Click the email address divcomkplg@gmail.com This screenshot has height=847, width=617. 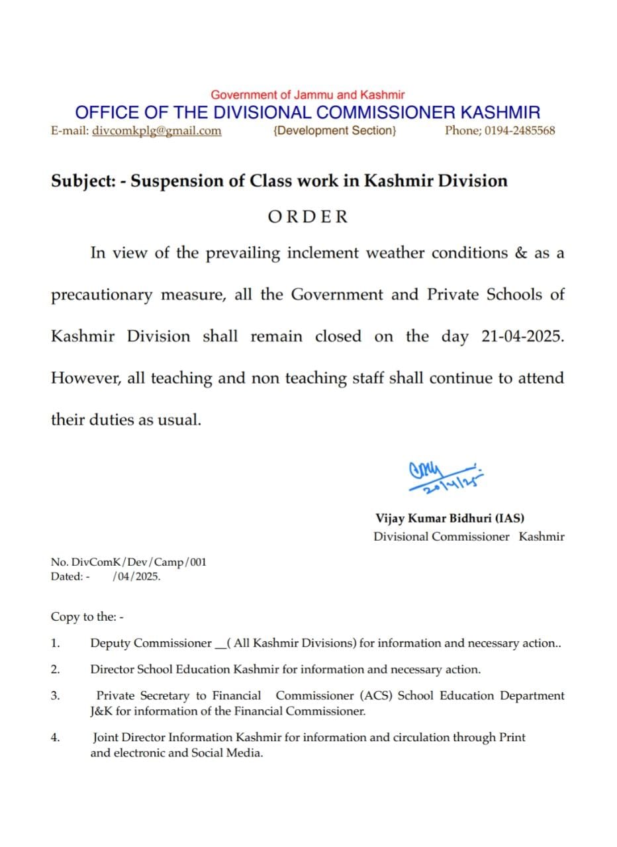[x=157, y=131]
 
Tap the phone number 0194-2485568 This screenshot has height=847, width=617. [x=520, y=131]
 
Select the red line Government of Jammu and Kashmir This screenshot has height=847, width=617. [x=308, y=95]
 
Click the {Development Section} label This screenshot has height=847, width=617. [x=334, y=131]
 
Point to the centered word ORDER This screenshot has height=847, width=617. [x=308, y=216]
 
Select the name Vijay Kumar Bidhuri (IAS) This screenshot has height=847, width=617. [x=450, y=519]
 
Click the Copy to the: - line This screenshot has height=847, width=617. [x=87, y=617]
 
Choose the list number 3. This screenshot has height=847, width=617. [x=56, y=695]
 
